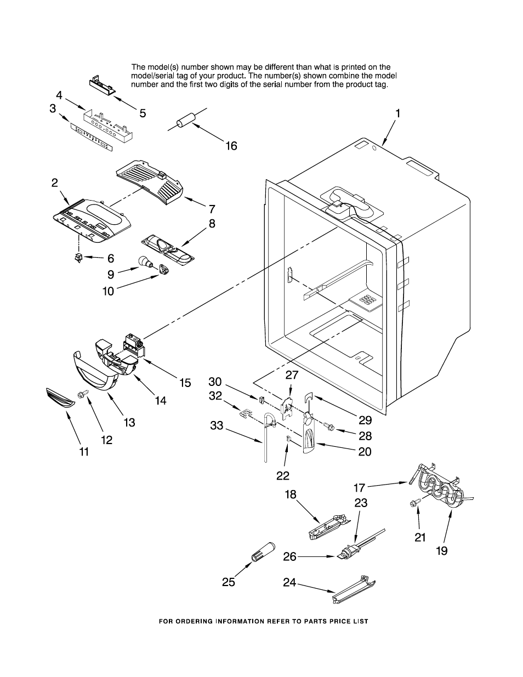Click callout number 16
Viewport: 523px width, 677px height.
click(x=231, y=146)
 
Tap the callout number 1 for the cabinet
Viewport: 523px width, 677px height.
click(x=397, y=113)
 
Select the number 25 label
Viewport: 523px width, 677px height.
click(x=229, y=582)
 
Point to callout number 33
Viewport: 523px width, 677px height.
click(x=217, y=425)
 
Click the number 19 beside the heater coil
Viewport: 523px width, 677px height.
click(x=441, y=550)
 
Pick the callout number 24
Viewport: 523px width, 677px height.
click(x=289, y=583)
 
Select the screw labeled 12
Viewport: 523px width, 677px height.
click(x=83, y=394)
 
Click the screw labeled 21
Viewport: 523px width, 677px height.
click(x=414, y=503)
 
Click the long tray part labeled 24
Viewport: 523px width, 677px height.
click(x=354, y=590)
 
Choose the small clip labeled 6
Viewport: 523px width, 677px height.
click(x=78, y=258)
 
